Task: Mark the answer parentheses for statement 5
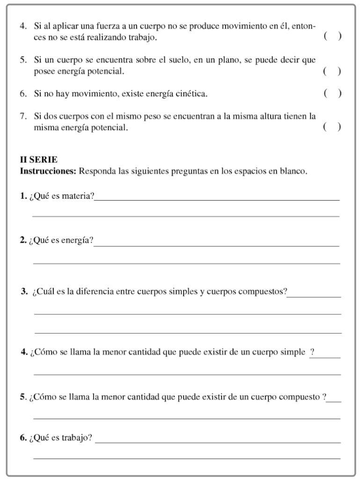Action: (332, 72)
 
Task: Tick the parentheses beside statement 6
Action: (332, 94)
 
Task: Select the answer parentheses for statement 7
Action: (332, 127)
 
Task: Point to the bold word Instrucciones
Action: (48, 171)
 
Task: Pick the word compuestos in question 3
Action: (262, 292)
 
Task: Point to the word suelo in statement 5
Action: (177, 60)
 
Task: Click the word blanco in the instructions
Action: (294, 171)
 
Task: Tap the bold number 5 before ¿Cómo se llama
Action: (22, 398)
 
